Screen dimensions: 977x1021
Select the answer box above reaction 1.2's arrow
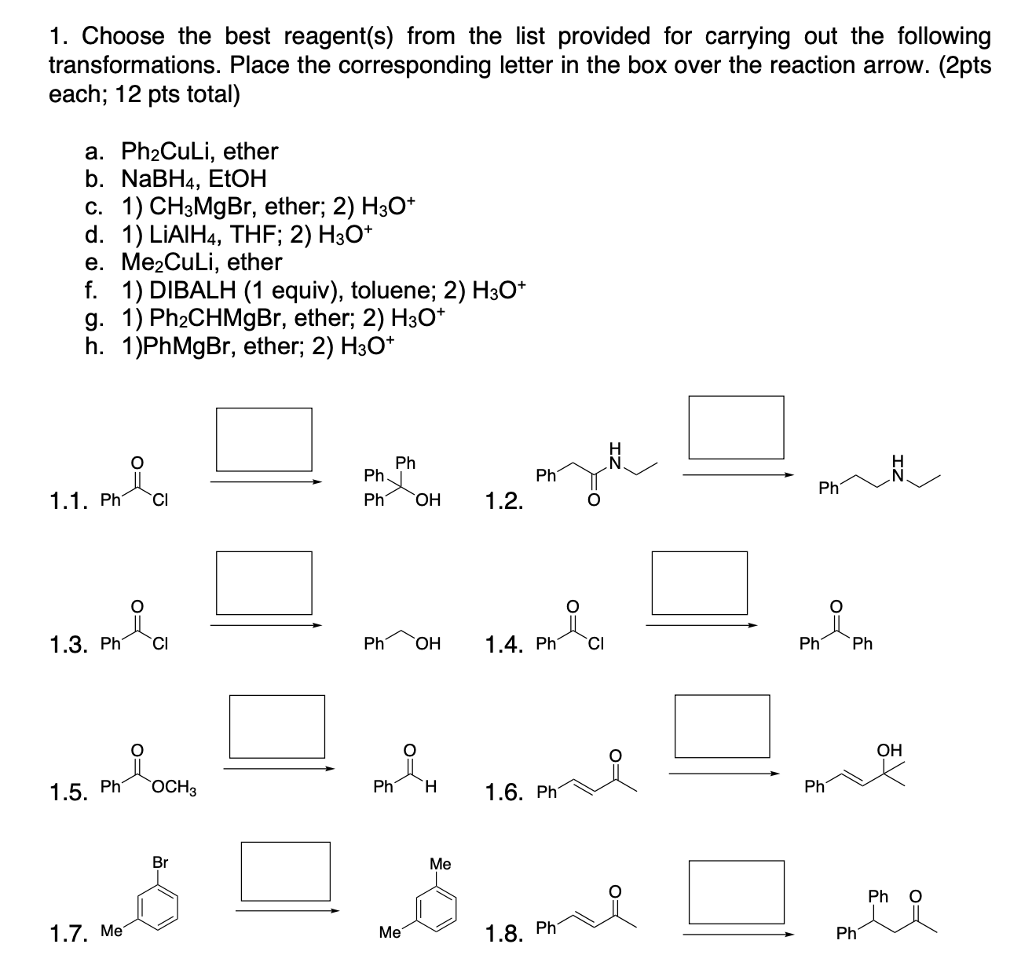coord(736,427)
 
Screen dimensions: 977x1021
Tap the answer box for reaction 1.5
coord(276,726)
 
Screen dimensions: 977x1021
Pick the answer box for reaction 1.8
coord(736,891)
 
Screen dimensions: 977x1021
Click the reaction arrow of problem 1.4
coord(701,626)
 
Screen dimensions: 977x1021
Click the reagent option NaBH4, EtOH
coord(194,179)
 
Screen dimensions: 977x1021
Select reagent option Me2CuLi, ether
coord(201,262)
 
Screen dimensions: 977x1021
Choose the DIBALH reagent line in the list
coord(322,290)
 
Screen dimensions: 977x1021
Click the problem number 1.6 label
coord(507,793)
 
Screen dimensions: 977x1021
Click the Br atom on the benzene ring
coord(160,862)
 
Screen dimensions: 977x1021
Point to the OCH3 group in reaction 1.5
coord(175,787)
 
